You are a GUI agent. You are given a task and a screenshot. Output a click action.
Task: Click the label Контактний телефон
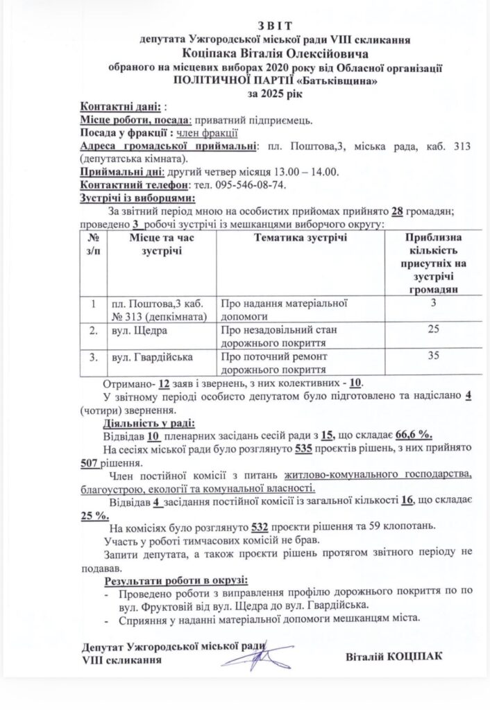[x=135, y=185]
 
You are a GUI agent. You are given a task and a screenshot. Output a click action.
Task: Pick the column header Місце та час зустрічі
[x=161, y=244]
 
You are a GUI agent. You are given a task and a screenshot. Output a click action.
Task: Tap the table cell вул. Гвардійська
[x=152, y=357]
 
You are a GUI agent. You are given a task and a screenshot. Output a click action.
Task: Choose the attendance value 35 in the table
[x=434, y=356]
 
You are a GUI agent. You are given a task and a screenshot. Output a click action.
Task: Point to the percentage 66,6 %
[x=414, y=435]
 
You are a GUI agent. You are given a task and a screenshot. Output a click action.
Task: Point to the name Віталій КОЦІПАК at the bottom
[x=393, y=656]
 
